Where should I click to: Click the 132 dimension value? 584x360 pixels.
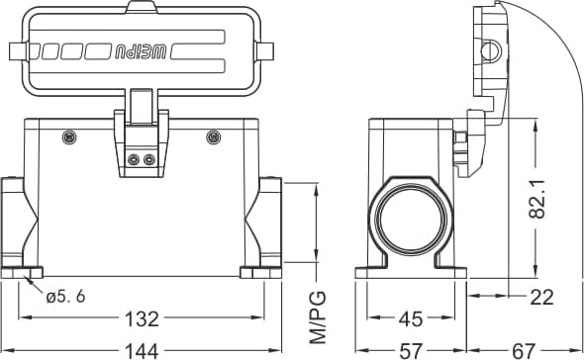[x=142, y=318]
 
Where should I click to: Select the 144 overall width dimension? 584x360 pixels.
[x=142, y=351]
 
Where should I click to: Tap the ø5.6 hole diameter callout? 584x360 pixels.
[x=65, y=297]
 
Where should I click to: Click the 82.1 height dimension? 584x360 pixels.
[x=536, y=198]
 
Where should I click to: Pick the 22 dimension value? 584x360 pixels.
[x=541, y=297]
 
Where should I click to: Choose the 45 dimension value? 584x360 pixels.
[x=411, y=319]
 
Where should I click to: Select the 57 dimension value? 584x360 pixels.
[x=411, y=351]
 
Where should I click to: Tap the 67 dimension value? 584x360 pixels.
[x=524, y=351]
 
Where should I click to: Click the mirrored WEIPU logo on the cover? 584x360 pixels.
[x=141, y=51]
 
